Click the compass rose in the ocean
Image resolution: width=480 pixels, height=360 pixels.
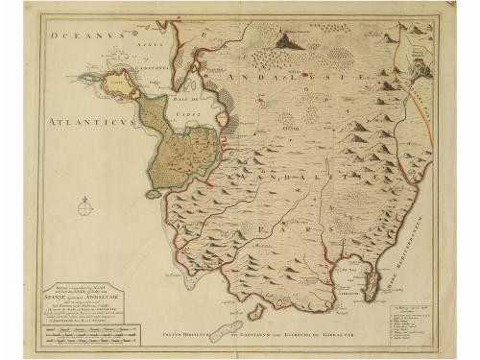point(85,204)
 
